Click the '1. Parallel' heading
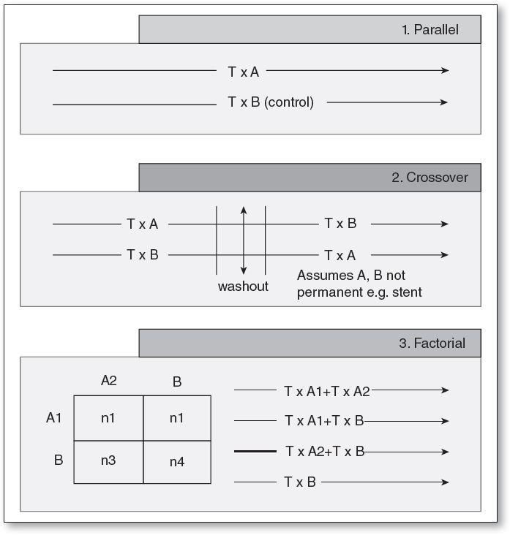[435, 30]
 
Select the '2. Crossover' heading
[430, 178]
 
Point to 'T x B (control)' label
[271, 103]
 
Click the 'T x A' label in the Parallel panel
[243, 71]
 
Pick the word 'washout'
[243, 286]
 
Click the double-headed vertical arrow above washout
[243, 240]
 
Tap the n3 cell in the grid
[108, 462]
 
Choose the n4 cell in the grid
[177, 462]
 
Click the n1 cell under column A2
[108, 418]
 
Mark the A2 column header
[109, 380]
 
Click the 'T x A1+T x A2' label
[327, 391]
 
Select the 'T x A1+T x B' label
[324, 421]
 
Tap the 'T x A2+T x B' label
[324, 452]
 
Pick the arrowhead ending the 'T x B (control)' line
[443, 103]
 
